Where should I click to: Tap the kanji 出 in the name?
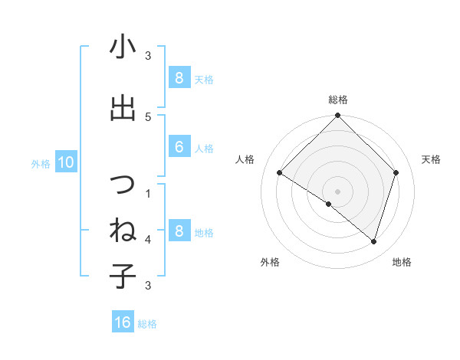click(123, 108)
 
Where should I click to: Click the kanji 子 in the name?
click(123, 276)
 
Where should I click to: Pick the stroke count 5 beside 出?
click(148, 116)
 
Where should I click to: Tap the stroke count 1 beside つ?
click(148, 193)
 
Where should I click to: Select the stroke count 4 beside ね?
click(148, 239)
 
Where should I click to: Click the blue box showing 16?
click(123, 322)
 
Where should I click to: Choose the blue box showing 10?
click(65, 162)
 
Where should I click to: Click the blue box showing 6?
click(179, 147)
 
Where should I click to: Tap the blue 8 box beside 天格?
click(179, 77)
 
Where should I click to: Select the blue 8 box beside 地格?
click(179, 231)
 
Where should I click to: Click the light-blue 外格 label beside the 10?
click(41, 162)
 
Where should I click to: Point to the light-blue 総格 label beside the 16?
click(147, 323)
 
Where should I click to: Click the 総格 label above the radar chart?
click(338, 100)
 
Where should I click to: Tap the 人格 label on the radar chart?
click(245, 159)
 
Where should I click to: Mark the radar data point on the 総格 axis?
click(338, 116)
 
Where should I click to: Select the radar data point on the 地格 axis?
click(373, 241)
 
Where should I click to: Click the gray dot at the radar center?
click(338, 191)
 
